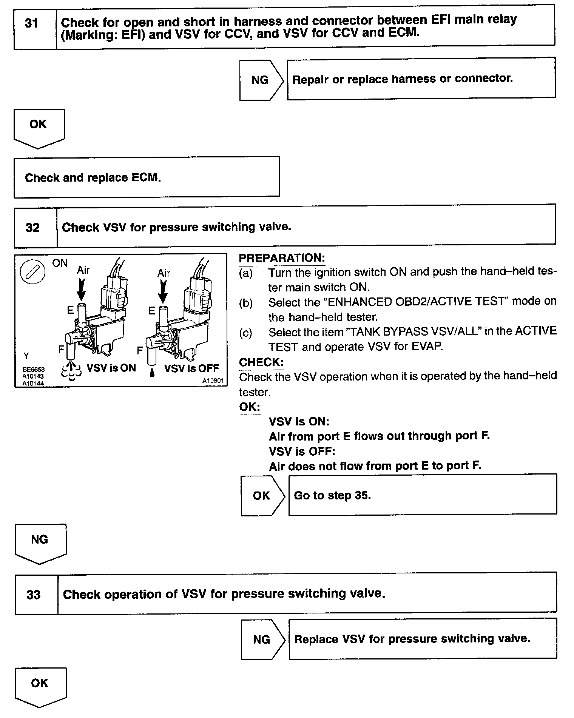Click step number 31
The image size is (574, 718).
pos(31,24)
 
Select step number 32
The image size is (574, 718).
pos(32,228)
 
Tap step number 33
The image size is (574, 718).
pos(34,595)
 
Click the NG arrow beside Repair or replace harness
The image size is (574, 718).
pos(261,80)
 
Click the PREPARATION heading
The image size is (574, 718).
pos(282,258)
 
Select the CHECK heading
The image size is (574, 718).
pos(261,362)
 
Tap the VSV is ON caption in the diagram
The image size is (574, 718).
pos(111,368)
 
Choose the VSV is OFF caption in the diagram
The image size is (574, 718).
pos(191,368)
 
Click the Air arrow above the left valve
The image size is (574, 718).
pos(82,289)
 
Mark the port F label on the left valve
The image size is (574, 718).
pos(61,350)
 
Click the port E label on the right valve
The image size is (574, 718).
pos(151,311)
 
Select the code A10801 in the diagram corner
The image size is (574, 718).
pos(213,381)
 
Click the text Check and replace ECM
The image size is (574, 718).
pos(93,178)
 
